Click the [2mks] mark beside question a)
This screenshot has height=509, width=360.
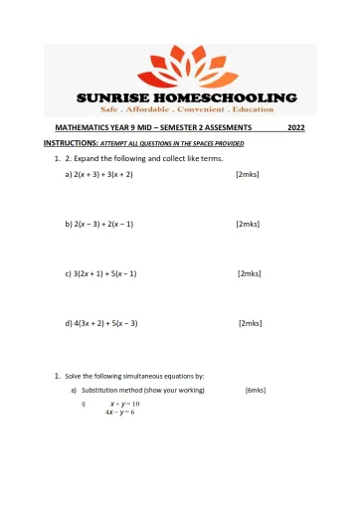[248, 174]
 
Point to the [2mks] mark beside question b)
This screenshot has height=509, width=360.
[248, 224]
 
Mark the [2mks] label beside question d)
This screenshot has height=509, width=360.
[250, 323]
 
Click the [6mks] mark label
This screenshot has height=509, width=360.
[255, 391]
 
